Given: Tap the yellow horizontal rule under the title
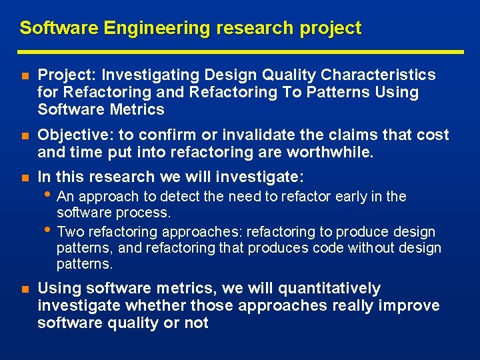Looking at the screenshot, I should (240, 51).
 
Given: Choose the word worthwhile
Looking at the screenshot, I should (331, 151).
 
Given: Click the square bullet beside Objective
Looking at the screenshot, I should (24, 135).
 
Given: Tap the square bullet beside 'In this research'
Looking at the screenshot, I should (24, 177).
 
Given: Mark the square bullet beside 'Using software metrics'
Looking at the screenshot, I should (24, 289).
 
